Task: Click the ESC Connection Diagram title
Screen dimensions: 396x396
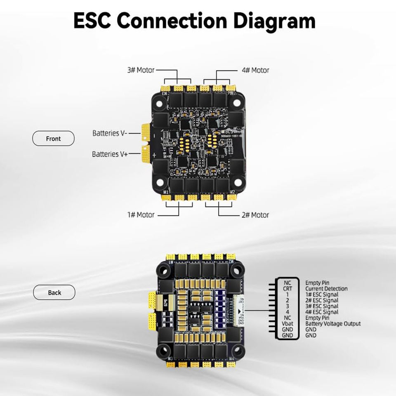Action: (x=194, y=21)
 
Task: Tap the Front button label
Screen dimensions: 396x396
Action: (x=53, y=139)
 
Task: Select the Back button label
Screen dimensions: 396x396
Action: (x=54, y=292)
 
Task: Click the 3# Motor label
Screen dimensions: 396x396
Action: (x=141, y=70)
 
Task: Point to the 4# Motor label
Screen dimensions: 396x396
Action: (x=255, y=70)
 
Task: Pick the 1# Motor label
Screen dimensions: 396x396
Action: (x=141, y=215)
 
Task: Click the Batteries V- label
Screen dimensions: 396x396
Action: (x=110, y=133)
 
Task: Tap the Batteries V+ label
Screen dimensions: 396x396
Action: (x=110, y=154)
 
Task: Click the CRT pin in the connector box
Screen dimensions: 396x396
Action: (x=287, y=289)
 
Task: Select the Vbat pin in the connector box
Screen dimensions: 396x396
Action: (x=287, y=324)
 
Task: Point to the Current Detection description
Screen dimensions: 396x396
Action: (x=326, y=289)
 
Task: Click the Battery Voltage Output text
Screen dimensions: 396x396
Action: (x=333, y=324)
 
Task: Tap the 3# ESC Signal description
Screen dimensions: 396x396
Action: (x=322, y=306)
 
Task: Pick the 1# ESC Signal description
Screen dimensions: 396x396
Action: (x=322, y=295)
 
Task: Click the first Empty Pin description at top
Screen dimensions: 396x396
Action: (x=317, y=283)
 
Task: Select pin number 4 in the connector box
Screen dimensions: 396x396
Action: (x=287, y=312)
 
